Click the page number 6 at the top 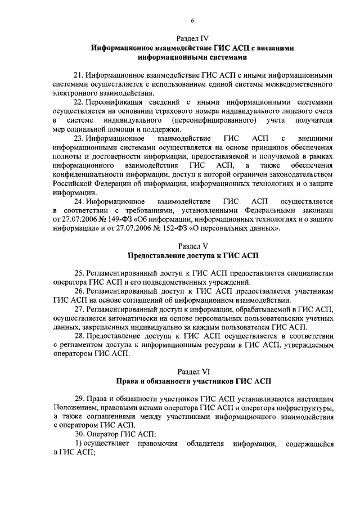tap(192, 21)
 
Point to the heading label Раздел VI tap(192, 372)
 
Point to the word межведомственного tap(298, 84)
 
